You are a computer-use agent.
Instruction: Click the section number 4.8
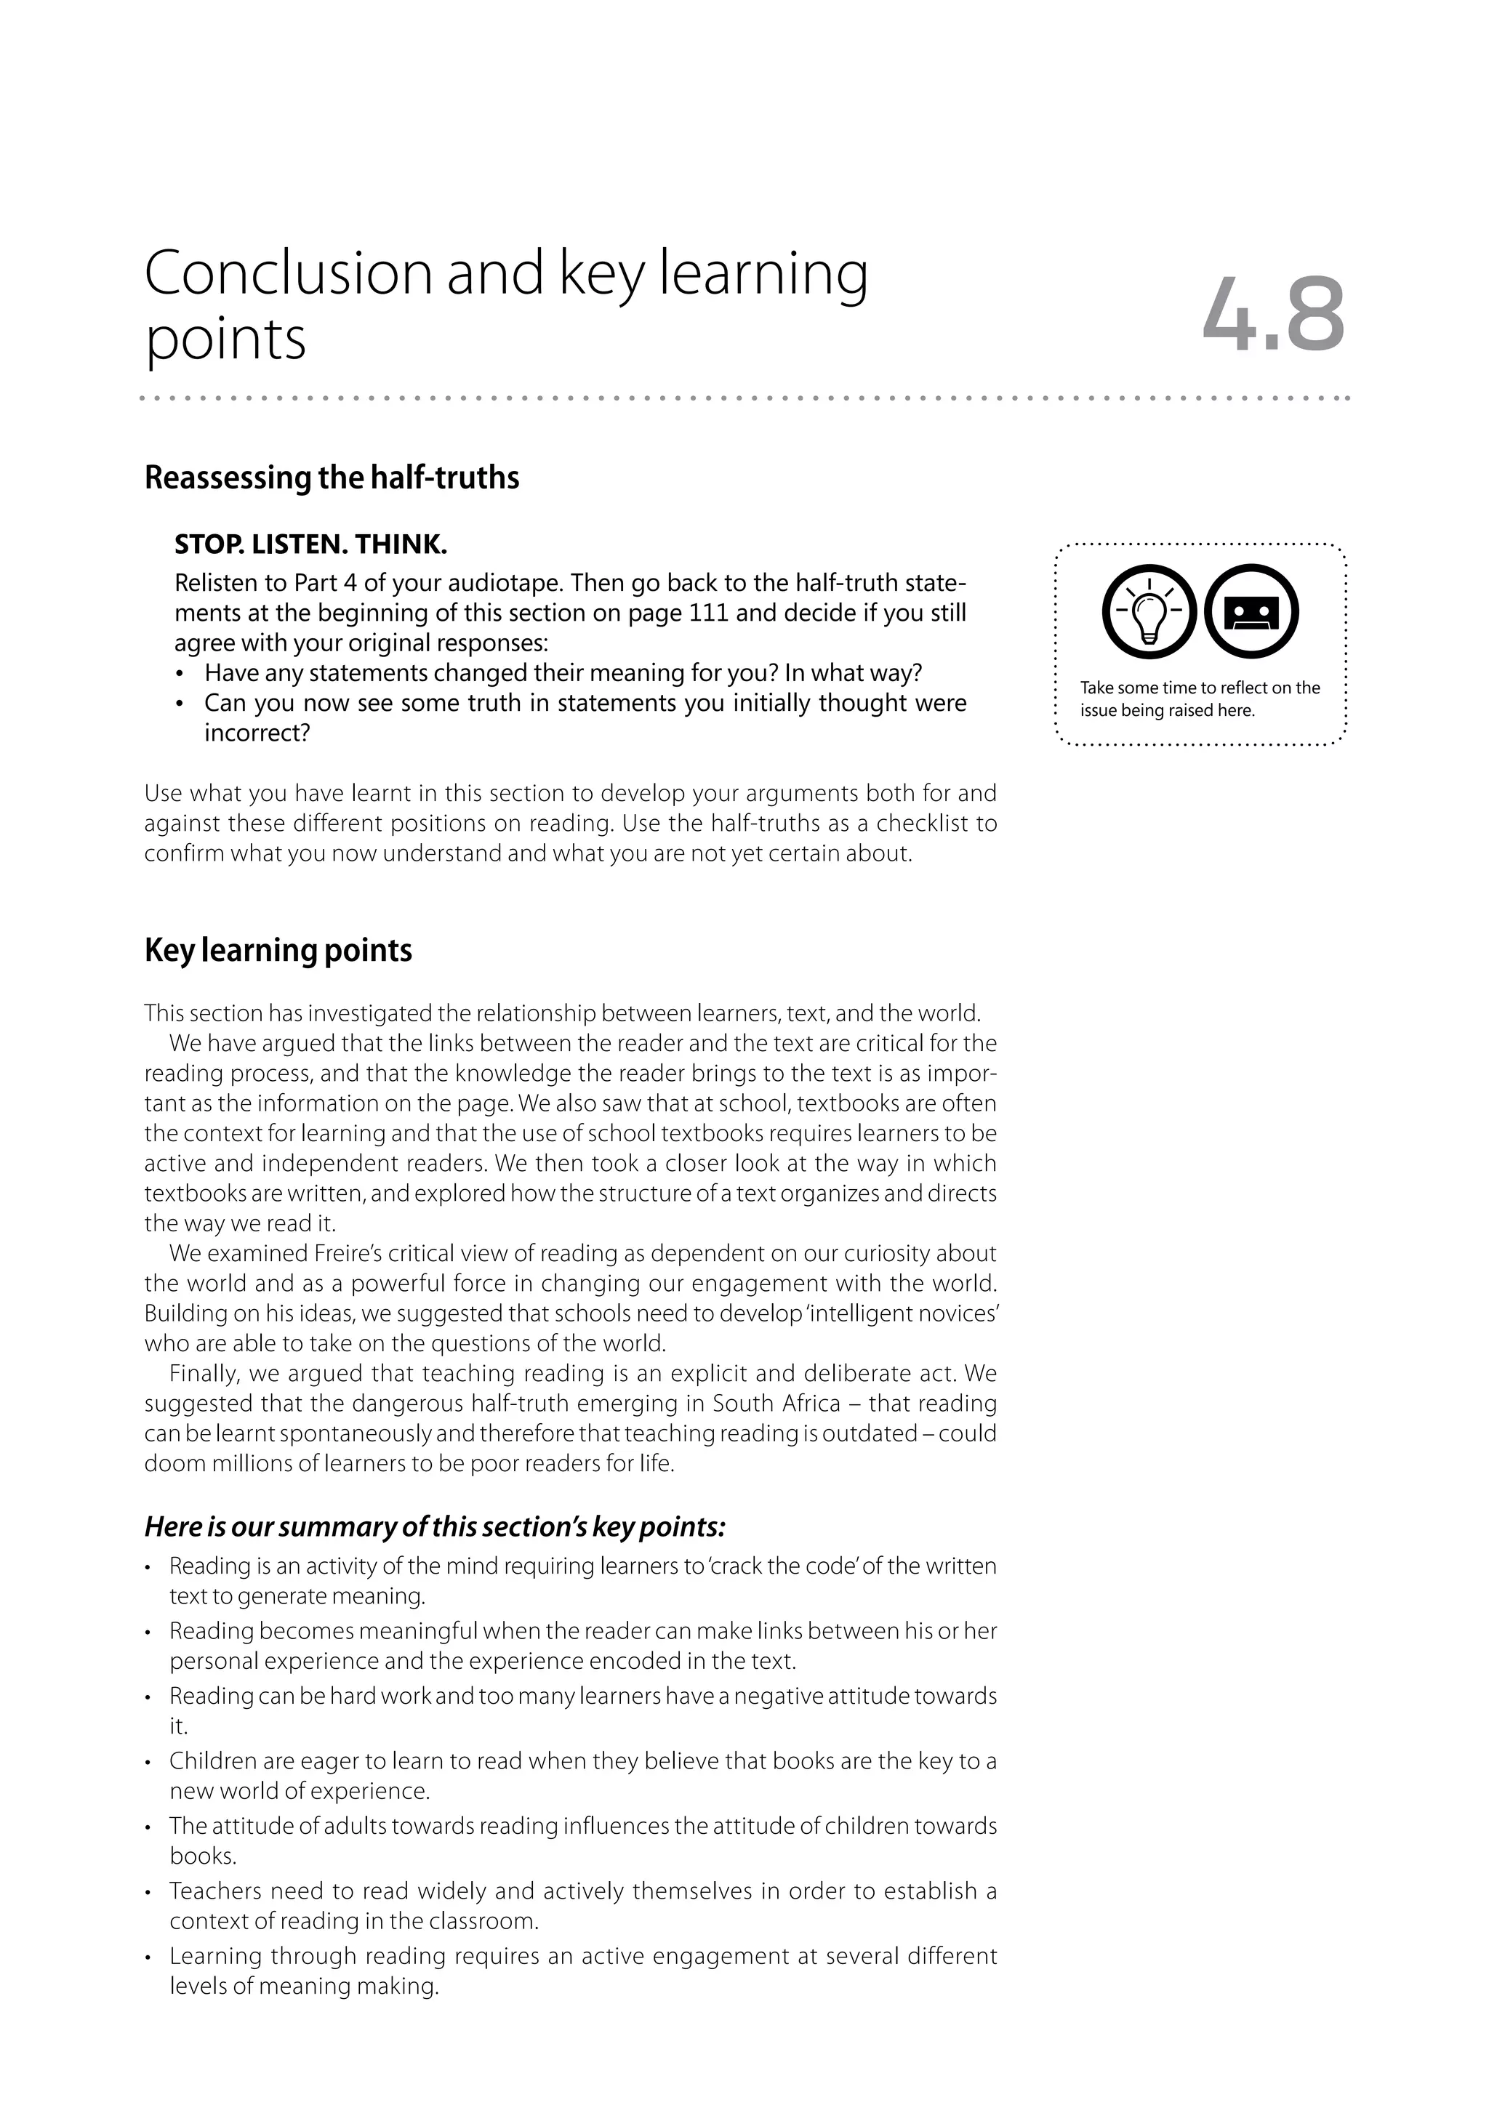(1272, 316)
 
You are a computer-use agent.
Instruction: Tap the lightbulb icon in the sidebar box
(1149, 611)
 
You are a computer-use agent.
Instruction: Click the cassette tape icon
(1251, 611)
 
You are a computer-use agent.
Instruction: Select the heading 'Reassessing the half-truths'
(332, 478)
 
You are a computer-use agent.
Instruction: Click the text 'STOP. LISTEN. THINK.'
(311, 544)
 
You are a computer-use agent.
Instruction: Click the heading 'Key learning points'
(278, 951)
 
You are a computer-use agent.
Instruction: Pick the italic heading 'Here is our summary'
(435, 1527)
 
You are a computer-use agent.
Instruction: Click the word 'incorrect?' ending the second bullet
(257, 733)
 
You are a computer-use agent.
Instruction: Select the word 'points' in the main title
(225, 340)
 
